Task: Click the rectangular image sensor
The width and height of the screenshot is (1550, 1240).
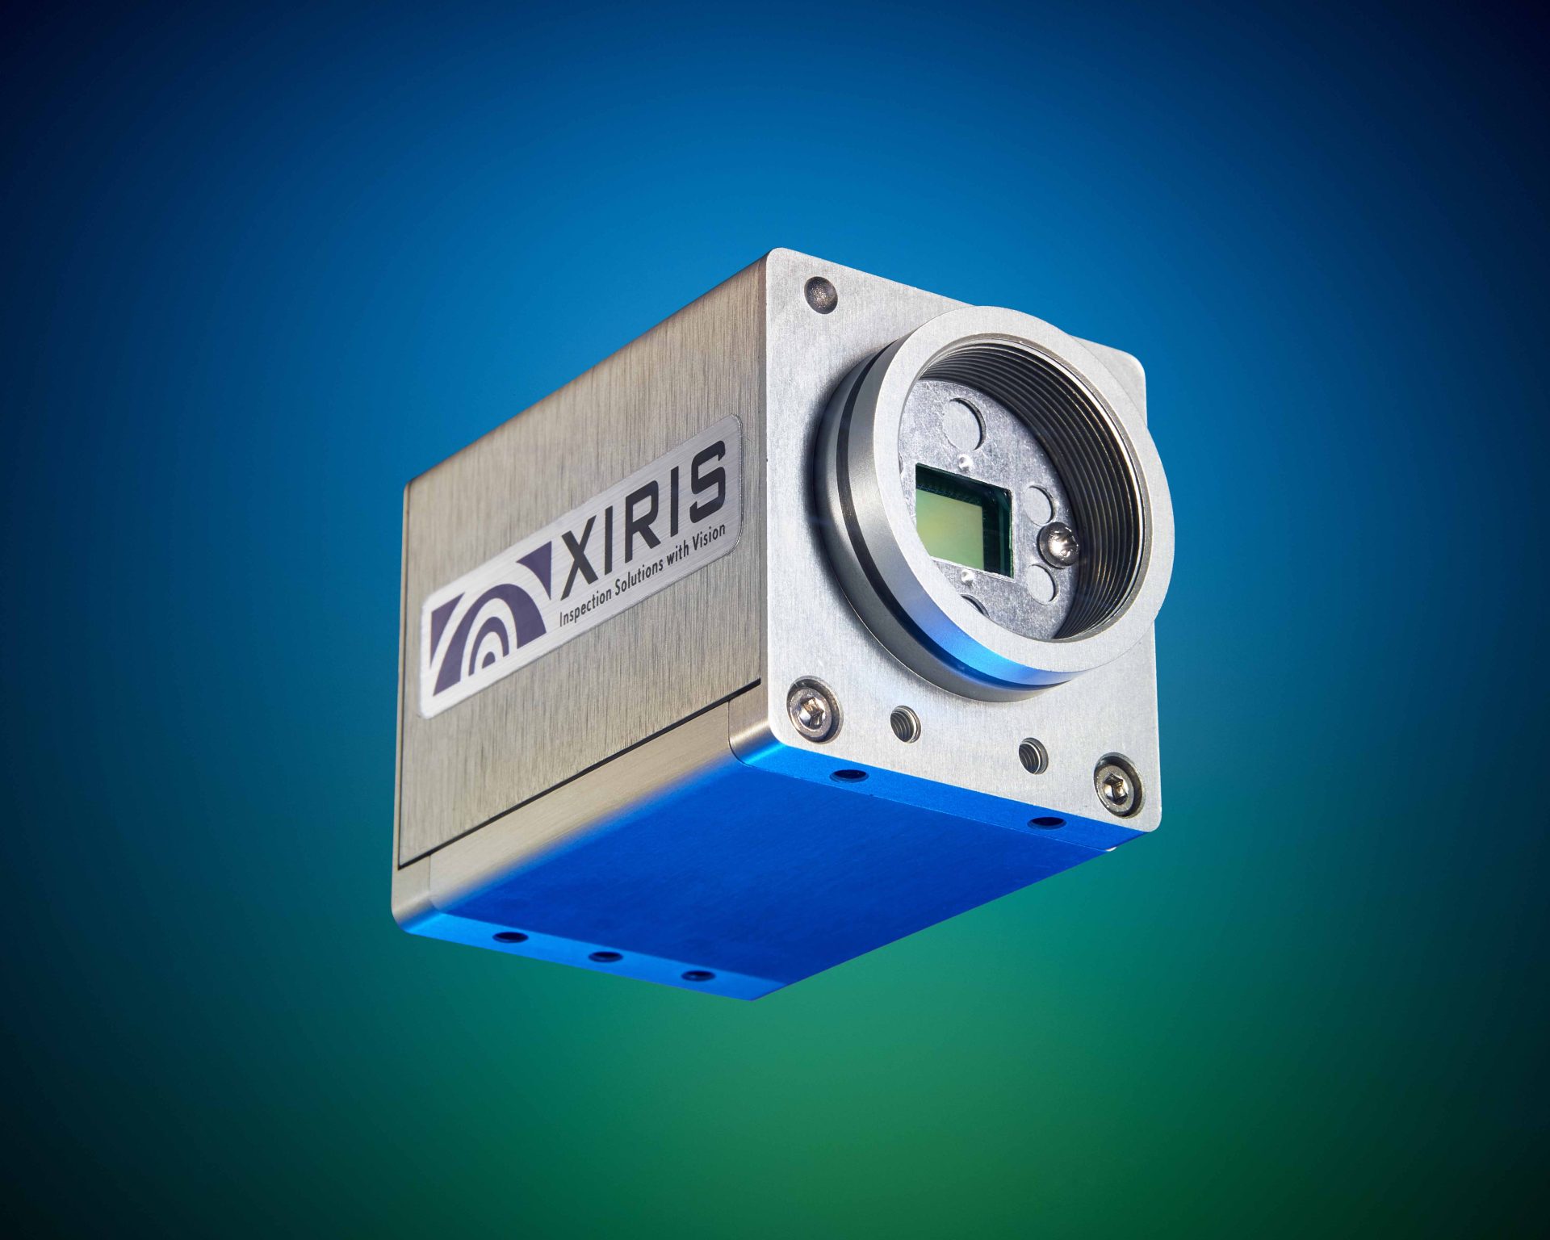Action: (x=965, y=520)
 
